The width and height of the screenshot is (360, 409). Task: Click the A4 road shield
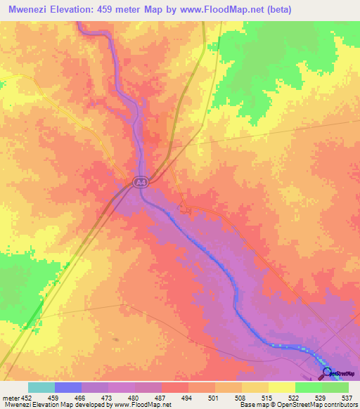(x=141, y=183)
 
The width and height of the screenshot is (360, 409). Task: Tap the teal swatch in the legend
(x=41, y=387)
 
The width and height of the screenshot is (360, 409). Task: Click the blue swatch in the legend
(x=67, y=387)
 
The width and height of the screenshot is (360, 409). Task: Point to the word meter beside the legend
(x=10, y=397)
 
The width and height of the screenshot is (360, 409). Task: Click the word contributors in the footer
(x=340, y=405)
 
